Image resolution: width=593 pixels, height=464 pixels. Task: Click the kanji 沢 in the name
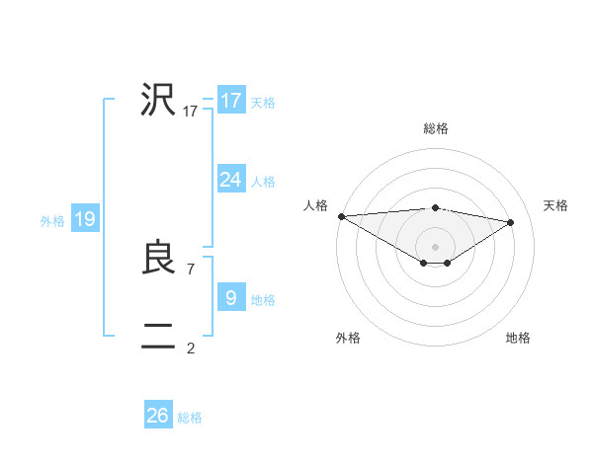[158, 101]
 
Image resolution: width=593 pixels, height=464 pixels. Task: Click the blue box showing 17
[231, 101]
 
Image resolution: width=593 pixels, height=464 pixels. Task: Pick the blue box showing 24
[231, 179]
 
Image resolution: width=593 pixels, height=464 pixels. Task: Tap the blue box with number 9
[231, 297]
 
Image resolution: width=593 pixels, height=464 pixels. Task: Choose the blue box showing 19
[84, 219]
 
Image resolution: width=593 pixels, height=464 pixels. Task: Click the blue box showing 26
[158, 416]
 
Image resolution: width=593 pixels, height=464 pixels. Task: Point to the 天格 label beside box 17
[263, 103]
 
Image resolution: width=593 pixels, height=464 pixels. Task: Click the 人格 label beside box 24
[263, 182]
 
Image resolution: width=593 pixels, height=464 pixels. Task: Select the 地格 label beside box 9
[263, 300]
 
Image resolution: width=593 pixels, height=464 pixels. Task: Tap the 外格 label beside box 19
[52, 221]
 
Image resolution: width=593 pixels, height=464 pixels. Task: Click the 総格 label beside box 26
[190, 419]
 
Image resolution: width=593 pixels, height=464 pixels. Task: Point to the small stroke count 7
[191, 269]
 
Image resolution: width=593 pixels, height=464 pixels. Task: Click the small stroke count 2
[191, 348]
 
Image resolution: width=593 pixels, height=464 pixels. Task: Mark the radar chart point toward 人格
[341, 216]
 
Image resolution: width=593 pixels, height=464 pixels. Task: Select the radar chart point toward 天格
[511, 222]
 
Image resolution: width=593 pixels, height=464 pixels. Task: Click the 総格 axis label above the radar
[435, 128]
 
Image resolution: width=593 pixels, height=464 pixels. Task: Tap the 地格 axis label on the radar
[518, 338]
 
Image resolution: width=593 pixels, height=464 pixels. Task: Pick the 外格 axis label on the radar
[348, 338]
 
